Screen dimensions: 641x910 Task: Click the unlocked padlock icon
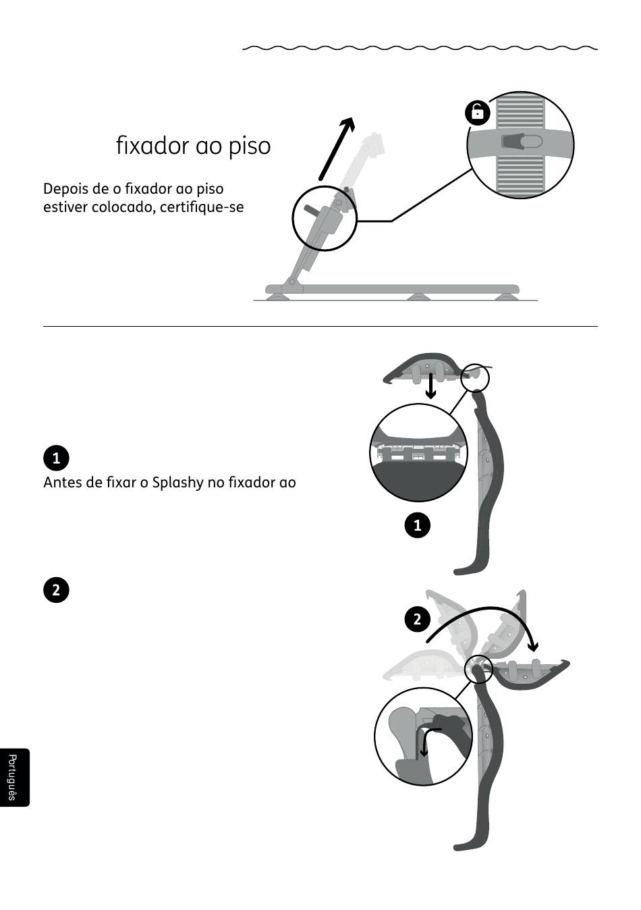tap(478, 112)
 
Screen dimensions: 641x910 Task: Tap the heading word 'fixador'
tap(153, 145)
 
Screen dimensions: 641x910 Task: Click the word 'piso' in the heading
tap(250, 146)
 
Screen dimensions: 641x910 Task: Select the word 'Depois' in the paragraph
tap(62, 189)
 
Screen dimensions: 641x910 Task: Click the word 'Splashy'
tap(178, 483)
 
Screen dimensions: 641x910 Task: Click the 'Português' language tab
tap(13, 777)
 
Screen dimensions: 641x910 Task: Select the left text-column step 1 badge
tap(56, 458)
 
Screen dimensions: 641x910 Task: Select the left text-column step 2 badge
tap(56, 589)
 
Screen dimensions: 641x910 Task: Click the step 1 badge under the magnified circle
tap(417, 525)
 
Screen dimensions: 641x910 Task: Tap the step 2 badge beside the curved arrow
tap(417, 620)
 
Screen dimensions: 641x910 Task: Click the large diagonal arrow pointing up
tap(337, 149)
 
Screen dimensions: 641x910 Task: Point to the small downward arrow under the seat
tap(430, 386)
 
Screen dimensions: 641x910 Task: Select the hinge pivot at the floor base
tap(291, 282)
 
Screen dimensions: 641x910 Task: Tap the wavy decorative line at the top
tap(420, 48)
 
